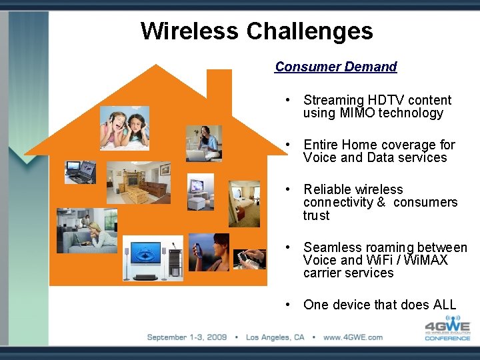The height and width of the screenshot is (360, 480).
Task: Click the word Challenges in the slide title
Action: [309, 31]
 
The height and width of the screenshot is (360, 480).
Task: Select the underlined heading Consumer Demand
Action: [335, 67]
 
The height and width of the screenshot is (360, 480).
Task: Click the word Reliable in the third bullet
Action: [328, 189]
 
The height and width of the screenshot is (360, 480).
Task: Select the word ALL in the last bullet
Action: [445, 305]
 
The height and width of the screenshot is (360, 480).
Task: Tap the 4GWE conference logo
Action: [447, 328]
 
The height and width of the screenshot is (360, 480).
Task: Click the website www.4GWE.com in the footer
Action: [353, 337]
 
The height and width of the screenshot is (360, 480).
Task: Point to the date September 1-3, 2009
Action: [187, 337]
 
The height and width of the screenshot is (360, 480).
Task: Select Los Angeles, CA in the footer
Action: [275, 337]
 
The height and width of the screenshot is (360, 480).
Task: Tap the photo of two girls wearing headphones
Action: [125, 128]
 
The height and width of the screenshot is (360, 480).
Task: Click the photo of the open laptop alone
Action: [81, 171]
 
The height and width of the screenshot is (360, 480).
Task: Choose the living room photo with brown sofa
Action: [138, 182]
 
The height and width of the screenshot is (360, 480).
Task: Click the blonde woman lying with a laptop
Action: [87, 231]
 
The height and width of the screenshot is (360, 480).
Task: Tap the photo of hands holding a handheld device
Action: [250, 258]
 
